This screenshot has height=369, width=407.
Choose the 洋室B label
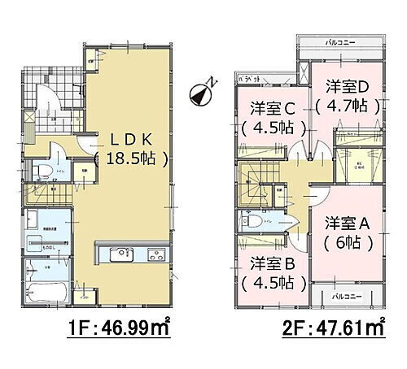click(x=273, y=264)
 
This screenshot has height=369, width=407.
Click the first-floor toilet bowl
click(x=37, y=170)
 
